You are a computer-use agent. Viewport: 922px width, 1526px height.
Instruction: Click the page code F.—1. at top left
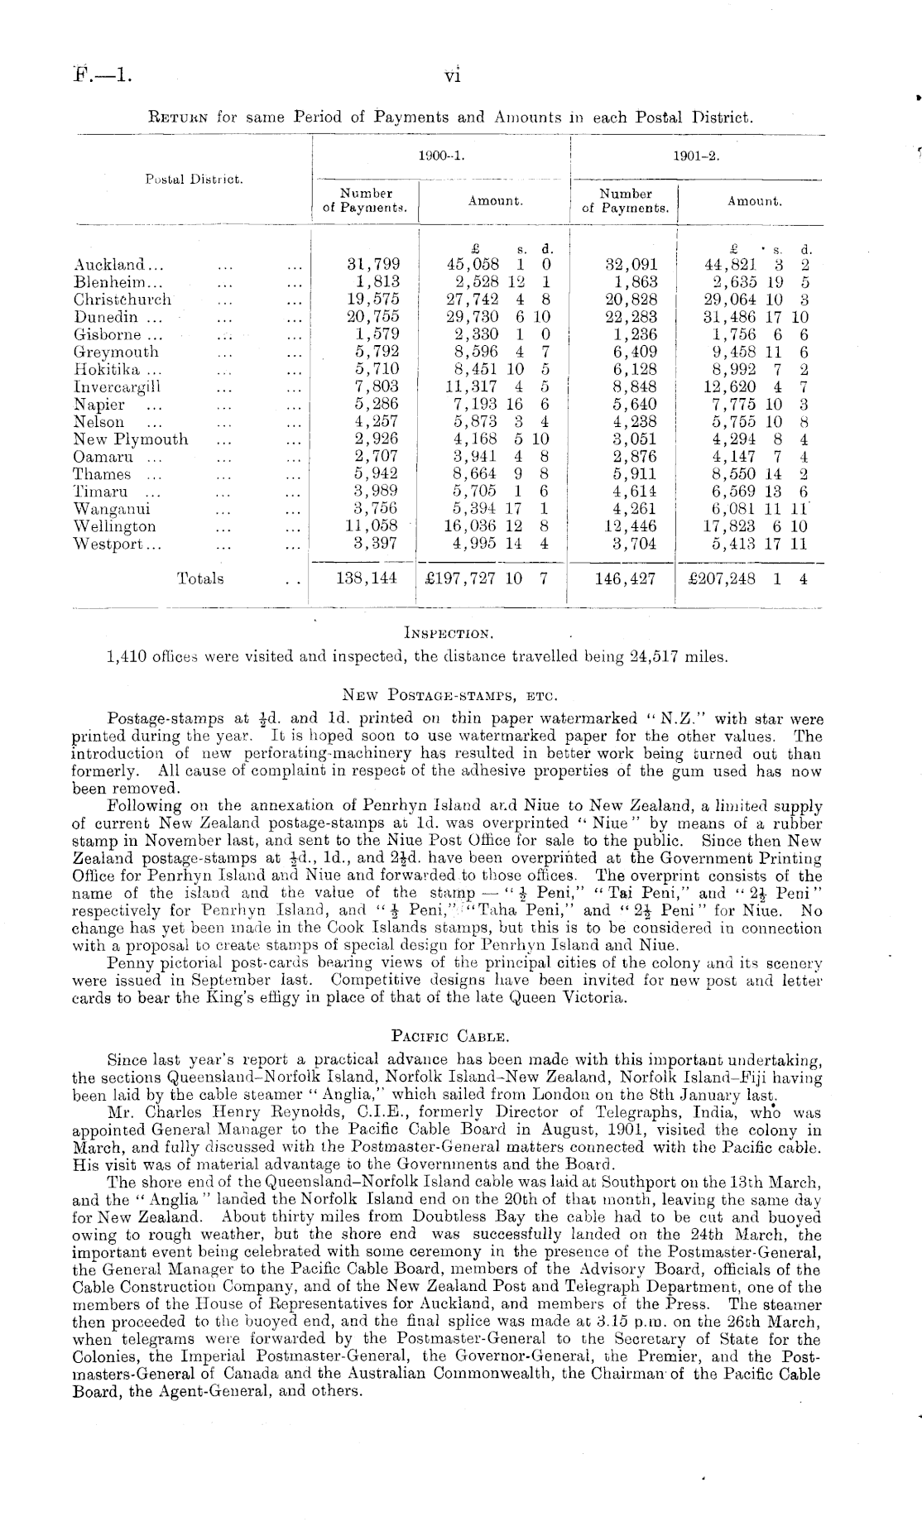[x=103, y=76]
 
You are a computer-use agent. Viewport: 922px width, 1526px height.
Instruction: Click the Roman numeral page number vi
[x=453, y=76]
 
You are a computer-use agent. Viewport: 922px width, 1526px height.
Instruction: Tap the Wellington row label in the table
[x=114, y=526]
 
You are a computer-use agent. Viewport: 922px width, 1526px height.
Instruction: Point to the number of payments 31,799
[x=372, y=265]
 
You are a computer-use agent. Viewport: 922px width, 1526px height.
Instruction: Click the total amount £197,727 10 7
[x=486, y=579]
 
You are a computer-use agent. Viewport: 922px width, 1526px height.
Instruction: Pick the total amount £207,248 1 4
[x=747, y=579]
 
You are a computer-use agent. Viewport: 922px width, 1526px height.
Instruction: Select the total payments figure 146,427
[x=626, y=579]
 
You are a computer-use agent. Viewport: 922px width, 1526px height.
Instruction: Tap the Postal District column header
[x=194, y=179]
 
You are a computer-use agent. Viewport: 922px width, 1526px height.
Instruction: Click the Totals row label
[x=200, y=579]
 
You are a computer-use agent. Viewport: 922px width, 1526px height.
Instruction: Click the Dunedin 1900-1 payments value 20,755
[x=372, y=317]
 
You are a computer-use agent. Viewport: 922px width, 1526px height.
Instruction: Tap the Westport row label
[x=118, y=544]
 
